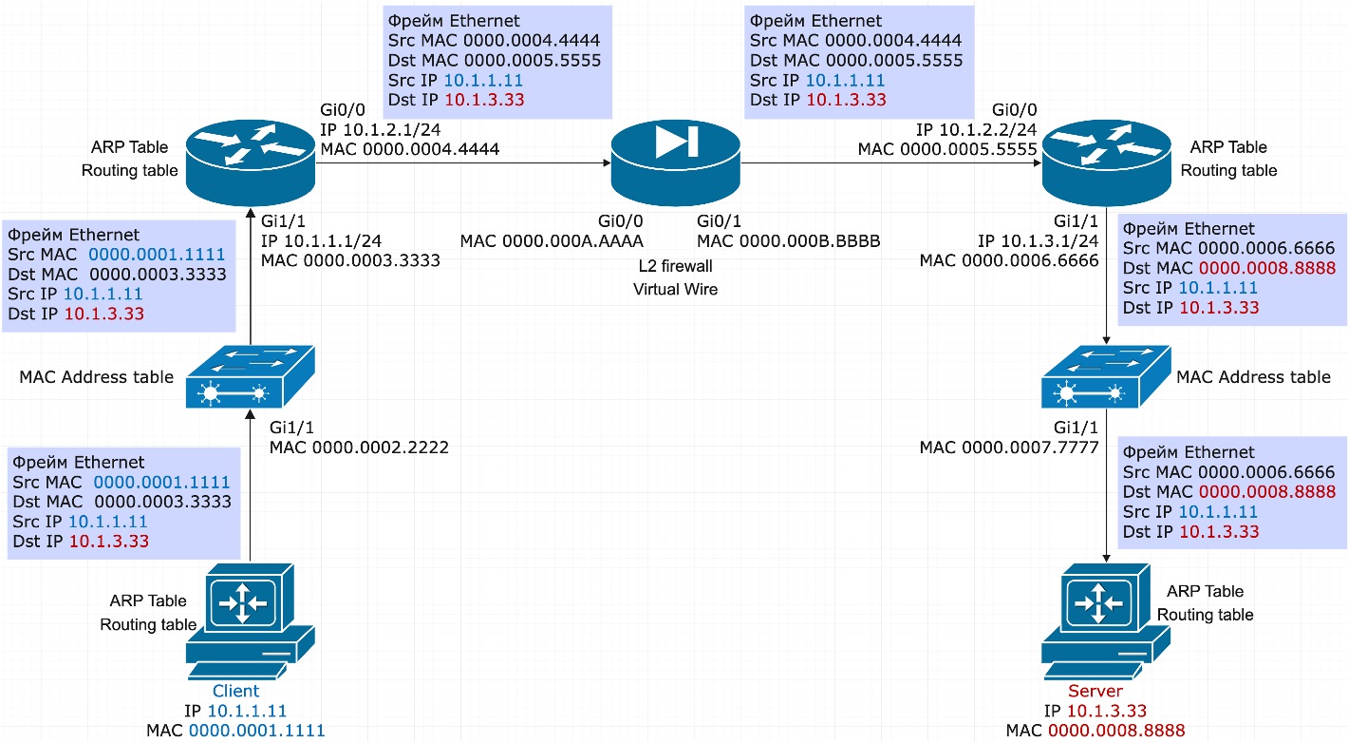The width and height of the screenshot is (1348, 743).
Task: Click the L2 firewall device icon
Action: tap(675, 162)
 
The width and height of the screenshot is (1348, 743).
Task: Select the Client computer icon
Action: tap(250, 621)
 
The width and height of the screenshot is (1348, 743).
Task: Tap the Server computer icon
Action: tap(1106, 621)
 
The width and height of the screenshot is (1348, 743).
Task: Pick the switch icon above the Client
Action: tap(250, 376)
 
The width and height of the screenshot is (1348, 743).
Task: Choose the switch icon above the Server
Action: tap(1106, 376)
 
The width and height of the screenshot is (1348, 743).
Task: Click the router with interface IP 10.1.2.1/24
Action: tap(251, 162)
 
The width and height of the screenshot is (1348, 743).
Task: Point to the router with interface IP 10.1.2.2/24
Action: tap(1106, 162)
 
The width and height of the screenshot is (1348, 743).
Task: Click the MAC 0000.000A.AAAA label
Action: tap(552, 241)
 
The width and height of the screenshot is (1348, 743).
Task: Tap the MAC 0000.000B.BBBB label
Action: tap(788, 241)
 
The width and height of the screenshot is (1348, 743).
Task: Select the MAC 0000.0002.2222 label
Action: tap(359, 448)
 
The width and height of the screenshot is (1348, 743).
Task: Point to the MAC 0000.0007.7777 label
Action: tap(1009, 448)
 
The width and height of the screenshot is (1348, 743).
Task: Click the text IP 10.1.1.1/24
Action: tap(322, 240)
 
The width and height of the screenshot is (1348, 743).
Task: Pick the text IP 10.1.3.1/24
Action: tap(1039, 240)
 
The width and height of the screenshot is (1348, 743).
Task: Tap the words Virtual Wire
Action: tap(675, 289)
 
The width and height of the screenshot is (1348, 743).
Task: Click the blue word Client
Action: tap(235, 691)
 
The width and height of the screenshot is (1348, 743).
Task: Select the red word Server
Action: tap(1095, 691)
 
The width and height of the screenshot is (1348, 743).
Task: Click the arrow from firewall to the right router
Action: tap(891, 162)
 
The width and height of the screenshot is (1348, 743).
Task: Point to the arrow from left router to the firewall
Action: tap(462, 162)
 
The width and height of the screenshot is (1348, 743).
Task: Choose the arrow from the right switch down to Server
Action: tap(1106, 486)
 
